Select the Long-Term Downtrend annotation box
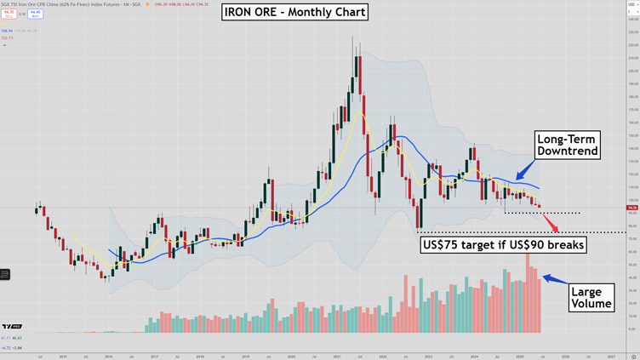[568, 145]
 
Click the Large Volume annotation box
[591, 298]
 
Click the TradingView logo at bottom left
[12, 327]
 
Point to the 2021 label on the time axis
[337, 357]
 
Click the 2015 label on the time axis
[63, 357]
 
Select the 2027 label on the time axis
[611, 357]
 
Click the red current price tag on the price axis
[631, 208]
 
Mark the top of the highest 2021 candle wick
[352, 37]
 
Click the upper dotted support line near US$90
[545, 213]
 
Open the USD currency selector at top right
[631, 5]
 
